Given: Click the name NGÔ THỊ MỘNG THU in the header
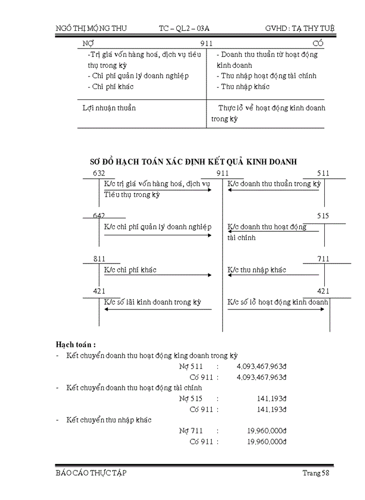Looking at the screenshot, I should [x=91, y=28].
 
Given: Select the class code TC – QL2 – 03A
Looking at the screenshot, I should [x=188, y=28].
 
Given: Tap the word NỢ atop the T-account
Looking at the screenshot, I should [x=89, y=44].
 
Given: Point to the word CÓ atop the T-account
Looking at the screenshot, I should [x=318, y=44].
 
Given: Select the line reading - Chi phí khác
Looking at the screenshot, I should [x=110, y=86].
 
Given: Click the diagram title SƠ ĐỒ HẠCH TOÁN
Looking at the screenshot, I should [x=194, y=161].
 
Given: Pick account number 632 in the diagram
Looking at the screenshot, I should [x=99, y=173].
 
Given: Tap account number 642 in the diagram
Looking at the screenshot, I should [x=99, y=216].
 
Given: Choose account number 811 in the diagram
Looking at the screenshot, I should [x=99, y=259].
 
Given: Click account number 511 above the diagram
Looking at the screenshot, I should [x=323, y=173].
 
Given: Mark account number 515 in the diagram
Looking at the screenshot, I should [x=323, y=216].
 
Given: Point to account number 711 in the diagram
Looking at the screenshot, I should [x=323, y=259].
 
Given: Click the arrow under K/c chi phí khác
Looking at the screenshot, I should [x=157, y=276].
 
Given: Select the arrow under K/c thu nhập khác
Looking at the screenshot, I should [x=273, y=276].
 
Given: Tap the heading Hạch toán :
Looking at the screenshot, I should [x=76, y=345].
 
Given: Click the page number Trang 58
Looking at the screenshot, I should [x=316, y=473].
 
